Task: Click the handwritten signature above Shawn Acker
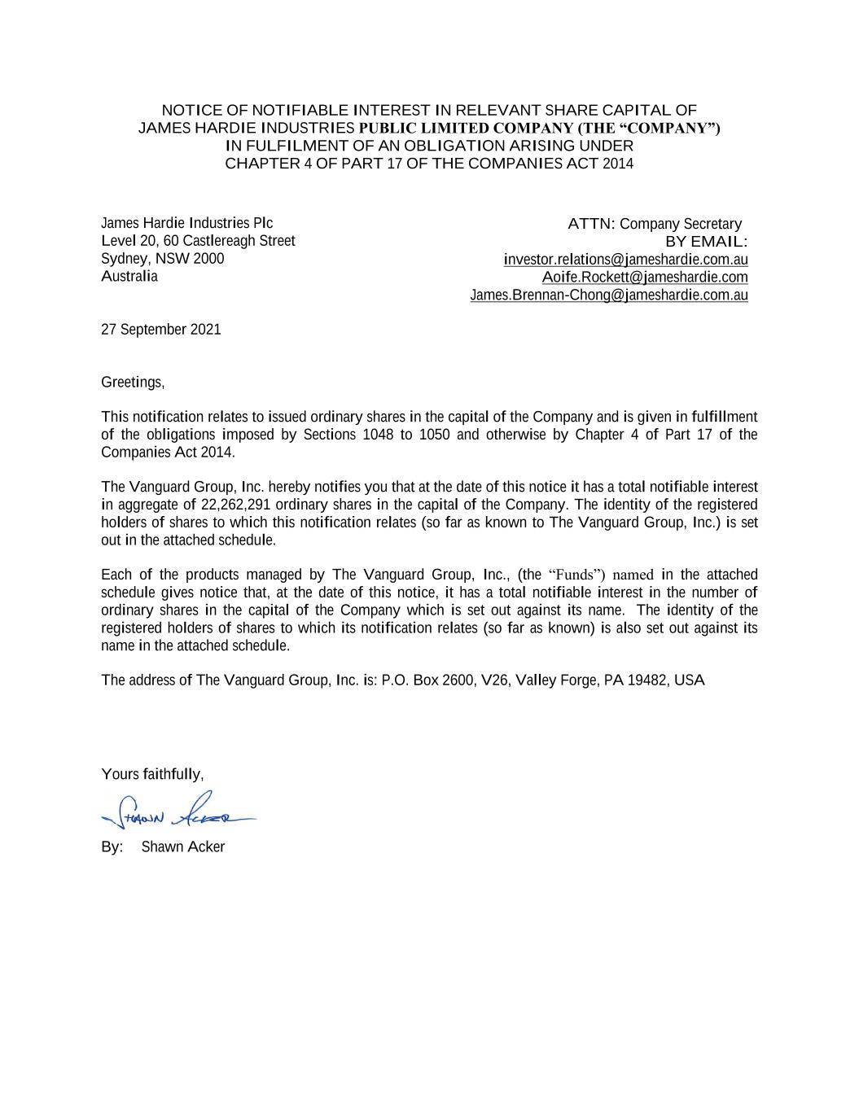[x=175, y=808]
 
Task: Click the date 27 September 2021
[x=160, y=330]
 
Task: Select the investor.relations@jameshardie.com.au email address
[x=625, y=260]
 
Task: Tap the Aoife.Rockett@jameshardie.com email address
[x=645, y=278]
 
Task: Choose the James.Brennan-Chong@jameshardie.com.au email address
[x=609, y=295]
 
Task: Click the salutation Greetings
[x=133, y=382]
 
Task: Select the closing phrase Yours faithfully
[x=152, y=773]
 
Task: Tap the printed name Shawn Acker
[x=183, y=846]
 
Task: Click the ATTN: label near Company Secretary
[x=591, y=224]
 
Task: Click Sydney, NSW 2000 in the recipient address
[x=162, y=259]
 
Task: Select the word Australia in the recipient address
[x=129, y=277]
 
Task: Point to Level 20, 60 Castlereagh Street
[x=198, y=241]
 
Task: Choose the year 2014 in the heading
[x=617, y=164]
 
